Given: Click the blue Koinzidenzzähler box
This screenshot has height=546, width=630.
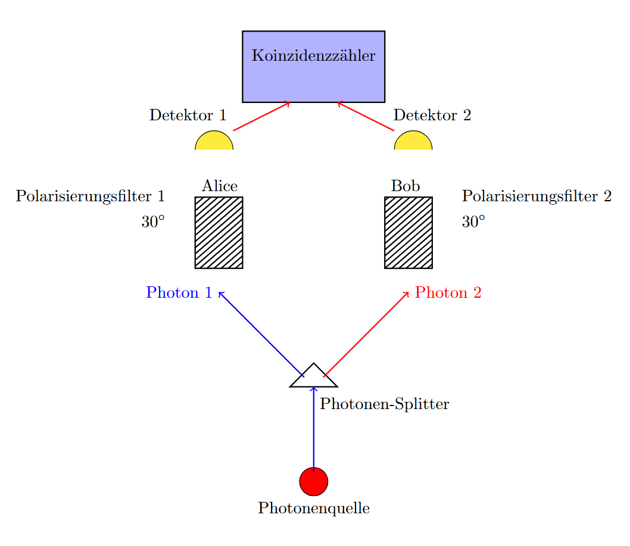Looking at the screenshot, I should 313,67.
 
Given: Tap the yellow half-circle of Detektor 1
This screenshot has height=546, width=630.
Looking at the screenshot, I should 214,142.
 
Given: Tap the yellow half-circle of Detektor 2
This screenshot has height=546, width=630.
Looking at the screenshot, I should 413,142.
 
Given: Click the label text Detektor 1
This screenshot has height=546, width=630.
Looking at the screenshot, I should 188,116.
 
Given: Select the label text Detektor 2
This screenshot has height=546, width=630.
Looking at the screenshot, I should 432,116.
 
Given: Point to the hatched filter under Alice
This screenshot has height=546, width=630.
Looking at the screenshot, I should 219,233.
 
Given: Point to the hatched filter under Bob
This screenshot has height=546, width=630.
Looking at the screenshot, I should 408,233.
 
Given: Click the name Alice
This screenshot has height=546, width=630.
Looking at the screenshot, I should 220,186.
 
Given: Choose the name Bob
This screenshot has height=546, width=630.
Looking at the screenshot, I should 406,186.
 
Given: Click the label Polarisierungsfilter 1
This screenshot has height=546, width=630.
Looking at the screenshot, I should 90,196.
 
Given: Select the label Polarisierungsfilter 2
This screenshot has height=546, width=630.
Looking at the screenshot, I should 537,196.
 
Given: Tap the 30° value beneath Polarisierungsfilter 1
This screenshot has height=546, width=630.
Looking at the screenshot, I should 152,222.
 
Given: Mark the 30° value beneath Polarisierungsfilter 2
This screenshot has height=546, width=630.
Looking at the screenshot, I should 473,222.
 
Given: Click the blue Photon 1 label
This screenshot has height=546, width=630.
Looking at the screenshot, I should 179,293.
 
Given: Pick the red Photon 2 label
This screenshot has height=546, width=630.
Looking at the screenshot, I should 448,293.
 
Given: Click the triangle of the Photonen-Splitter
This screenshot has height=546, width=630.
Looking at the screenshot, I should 314,378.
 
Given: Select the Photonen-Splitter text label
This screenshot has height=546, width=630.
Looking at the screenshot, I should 384,405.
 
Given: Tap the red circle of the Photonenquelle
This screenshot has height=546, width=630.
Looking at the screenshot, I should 313,481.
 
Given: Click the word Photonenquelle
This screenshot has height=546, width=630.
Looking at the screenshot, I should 314,508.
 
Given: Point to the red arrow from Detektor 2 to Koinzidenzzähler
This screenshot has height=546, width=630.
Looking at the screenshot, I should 366,117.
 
